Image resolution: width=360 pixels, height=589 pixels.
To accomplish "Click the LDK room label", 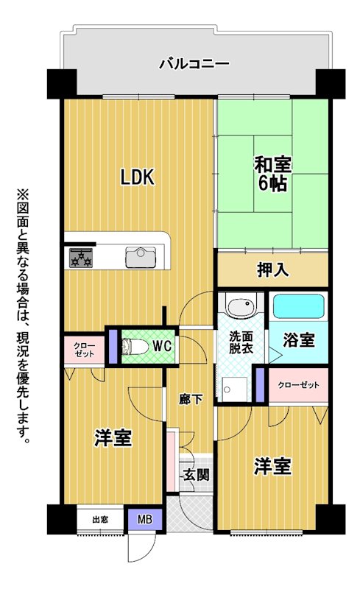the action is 137,177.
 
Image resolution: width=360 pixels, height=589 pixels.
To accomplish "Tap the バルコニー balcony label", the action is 194,63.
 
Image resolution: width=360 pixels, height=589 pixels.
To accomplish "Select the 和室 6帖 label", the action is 273,174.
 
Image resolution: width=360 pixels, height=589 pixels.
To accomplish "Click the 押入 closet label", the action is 273,269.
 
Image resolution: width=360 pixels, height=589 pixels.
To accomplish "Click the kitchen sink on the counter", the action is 141,257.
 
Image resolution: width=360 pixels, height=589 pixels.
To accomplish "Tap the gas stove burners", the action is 80,258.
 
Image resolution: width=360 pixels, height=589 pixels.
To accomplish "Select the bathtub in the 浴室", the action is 298,306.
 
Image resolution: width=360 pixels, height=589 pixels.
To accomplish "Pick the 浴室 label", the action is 298,340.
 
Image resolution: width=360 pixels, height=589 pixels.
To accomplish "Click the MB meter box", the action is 145,520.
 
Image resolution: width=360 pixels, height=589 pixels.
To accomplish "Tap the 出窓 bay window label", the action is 100,520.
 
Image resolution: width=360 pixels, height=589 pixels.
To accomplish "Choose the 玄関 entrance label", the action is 196,475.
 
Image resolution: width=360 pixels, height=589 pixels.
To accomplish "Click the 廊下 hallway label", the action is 191,399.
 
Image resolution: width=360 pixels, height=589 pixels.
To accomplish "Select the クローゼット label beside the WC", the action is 84,350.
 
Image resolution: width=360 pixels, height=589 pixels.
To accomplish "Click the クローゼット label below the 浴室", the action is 298,385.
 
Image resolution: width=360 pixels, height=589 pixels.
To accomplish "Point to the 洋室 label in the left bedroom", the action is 113,438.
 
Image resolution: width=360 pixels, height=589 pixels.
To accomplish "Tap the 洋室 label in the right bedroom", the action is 272,466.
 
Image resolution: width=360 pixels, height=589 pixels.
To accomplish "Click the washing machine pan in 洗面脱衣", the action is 234,389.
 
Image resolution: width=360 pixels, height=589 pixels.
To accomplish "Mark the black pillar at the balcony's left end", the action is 62,84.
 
